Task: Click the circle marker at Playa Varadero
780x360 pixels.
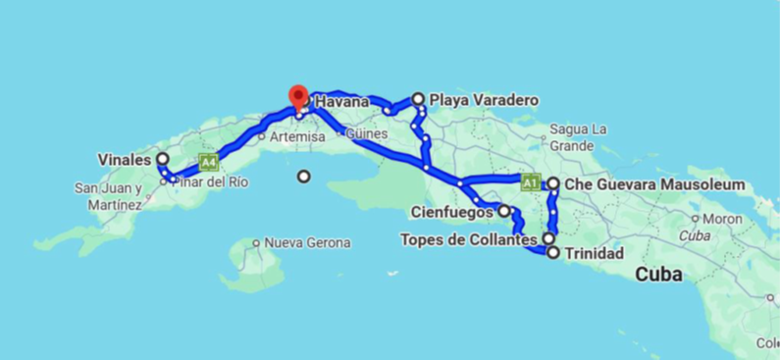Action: [419, 99]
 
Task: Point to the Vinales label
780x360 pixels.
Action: [124, 159]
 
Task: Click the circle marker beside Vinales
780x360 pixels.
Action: [162, 159]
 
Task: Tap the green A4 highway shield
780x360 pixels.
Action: [206, 161]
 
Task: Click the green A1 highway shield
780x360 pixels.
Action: [530, 181]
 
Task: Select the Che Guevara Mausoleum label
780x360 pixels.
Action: [653, 184]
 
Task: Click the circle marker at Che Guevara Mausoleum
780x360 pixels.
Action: [553, 183]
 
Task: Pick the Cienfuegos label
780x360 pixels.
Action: [451, 210]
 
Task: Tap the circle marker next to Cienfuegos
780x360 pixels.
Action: [504, 210]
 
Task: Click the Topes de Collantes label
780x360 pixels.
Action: [469, 239]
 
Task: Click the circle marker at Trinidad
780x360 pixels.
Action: [553, 253]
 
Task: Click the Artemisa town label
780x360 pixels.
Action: [297, 137]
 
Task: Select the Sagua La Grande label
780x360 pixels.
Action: [580, 136]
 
